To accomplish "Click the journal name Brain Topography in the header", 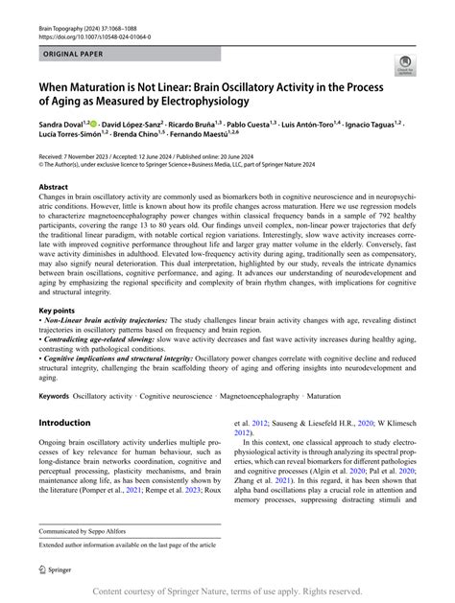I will [x=61, y=11].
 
